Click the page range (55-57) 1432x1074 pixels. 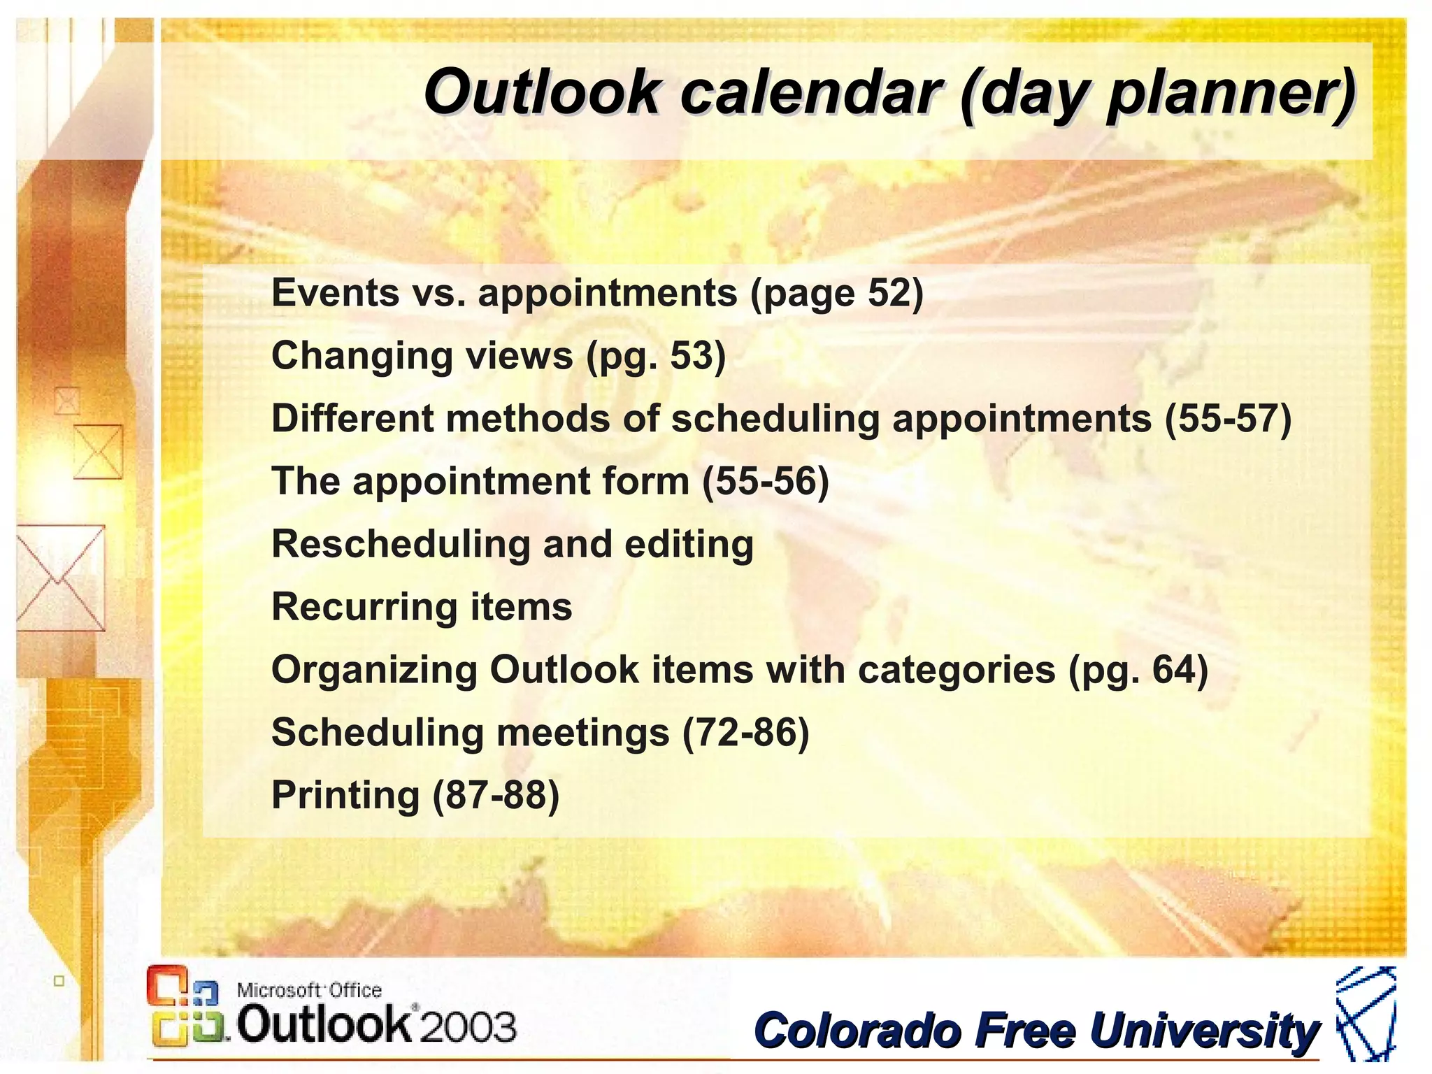[x=1228, y=418]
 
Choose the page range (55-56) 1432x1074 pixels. [x=766, y=481]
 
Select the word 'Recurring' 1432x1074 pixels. [x=364, y=607]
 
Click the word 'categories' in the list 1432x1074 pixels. [x=956, y=670]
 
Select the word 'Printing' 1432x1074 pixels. [x=345, y=796]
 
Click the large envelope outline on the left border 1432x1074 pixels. [x=60, y=578]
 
